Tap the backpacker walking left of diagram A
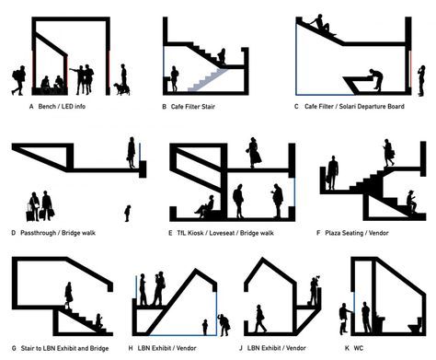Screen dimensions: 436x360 tap(18, 80)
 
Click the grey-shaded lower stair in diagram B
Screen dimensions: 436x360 tap(208, 80)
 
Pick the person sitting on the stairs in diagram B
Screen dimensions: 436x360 tap(222, 56)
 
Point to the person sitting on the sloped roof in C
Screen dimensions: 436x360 tap(321, 24)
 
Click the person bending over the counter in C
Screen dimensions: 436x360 tap(376, 79)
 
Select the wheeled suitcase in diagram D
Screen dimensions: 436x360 tap(30, 213)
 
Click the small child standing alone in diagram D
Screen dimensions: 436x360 tap(127, 214)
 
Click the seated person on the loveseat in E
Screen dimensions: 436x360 tap(205, 207)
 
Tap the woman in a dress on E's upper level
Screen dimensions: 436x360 tap(254, 153)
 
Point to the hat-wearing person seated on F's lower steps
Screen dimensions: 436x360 tap(411, 202)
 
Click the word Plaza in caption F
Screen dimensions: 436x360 tap(334, 233)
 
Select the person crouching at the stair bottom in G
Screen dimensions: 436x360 tap(99, 321)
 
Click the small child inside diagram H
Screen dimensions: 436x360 tap(205, 327)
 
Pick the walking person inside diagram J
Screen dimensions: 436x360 tap(260, 319)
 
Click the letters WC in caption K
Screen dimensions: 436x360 tap(358, 348)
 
